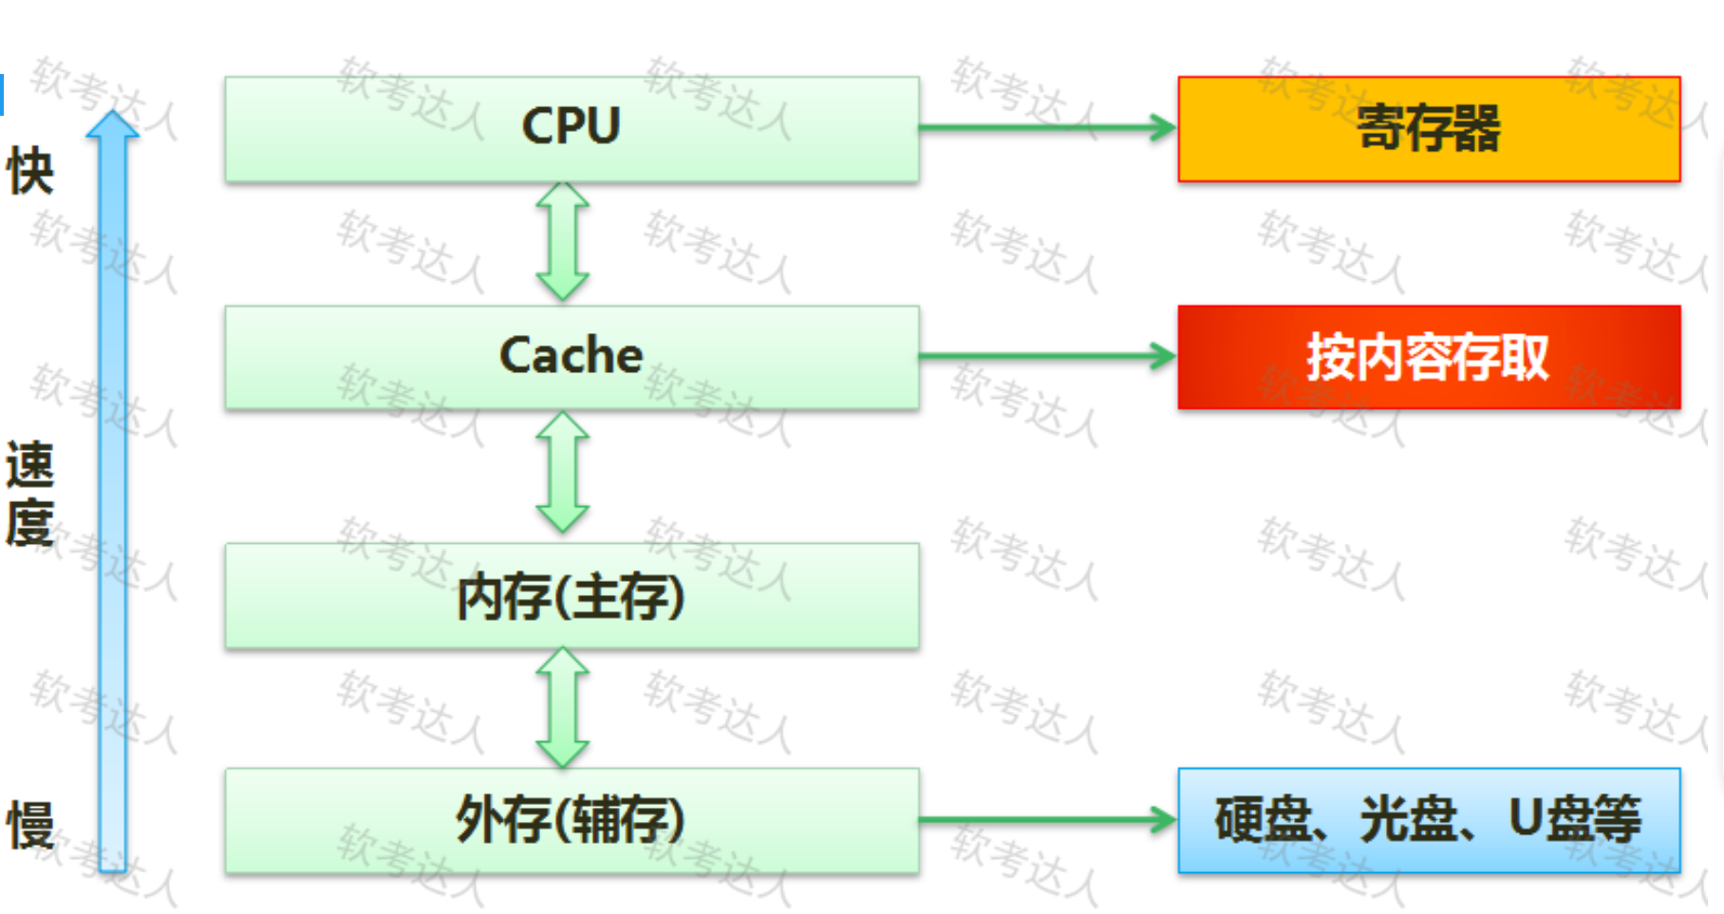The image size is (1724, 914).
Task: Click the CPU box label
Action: pyautogui.click(x=571, y=126)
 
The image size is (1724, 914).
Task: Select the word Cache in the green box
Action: pyautogui.click(x=571, y=356)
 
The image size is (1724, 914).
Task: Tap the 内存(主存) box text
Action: pyautogui.click(x=571, y=597)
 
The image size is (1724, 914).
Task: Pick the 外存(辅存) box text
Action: pyautogui.click(x=571, y=820)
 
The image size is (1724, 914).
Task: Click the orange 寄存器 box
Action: pyautogui.click(x=1429, y=129)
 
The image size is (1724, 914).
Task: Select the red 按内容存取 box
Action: pyautogui.click(x=1429, y=358)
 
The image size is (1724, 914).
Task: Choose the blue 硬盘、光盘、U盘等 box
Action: pyautogui.click(x=1429, y=820)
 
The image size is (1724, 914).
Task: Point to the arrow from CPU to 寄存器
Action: pyautogui.click(x=1044, y=127)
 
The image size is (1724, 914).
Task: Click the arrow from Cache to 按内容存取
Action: pyautogui.click(x=1044, y=357)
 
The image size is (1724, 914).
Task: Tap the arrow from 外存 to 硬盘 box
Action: pyautogui.click(x=1044, y=820)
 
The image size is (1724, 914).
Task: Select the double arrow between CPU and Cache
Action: pyautogui.click(x=563, y=242)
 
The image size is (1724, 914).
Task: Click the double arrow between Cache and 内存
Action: pyautogui.click(x=563, y=472)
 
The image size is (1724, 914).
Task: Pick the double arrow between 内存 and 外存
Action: pyautogui.click(x=563, y=708)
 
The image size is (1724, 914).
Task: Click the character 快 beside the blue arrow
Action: pyautogui.click(x=30, y=172)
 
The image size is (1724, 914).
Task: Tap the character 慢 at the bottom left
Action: pyautogui.click(x=30, y=825)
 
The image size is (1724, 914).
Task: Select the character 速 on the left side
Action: pyautogui.click(x=30, y=465)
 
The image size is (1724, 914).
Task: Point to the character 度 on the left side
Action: pyautogui.click(x=30, y=524)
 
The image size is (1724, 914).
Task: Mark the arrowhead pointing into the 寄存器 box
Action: pyautogui.click(x=1162, y=127)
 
